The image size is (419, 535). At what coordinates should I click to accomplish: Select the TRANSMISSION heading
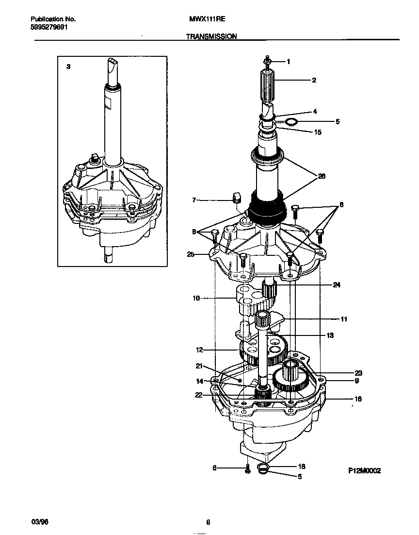(x=210, y=36)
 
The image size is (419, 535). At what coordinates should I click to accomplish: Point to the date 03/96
(x=39, y=522)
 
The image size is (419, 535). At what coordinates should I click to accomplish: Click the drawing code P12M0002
(x=364, y=470)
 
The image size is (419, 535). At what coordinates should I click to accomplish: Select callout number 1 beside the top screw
(x=288, y=62)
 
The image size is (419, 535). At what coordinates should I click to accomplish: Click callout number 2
(x=314, y=80)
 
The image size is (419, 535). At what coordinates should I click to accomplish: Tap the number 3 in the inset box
(x=68, y=67)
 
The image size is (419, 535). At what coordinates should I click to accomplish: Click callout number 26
(x=321, y=177)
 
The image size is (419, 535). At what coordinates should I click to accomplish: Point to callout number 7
(x=194, y=200)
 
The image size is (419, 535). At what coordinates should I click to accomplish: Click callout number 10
(x=196, y=299)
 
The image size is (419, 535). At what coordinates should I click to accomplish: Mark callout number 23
(x=358, y=373)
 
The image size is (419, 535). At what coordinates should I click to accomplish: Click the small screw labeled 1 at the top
(x=267, y=61)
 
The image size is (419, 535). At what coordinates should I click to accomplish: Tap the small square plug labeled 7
(x=236, y=197)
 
